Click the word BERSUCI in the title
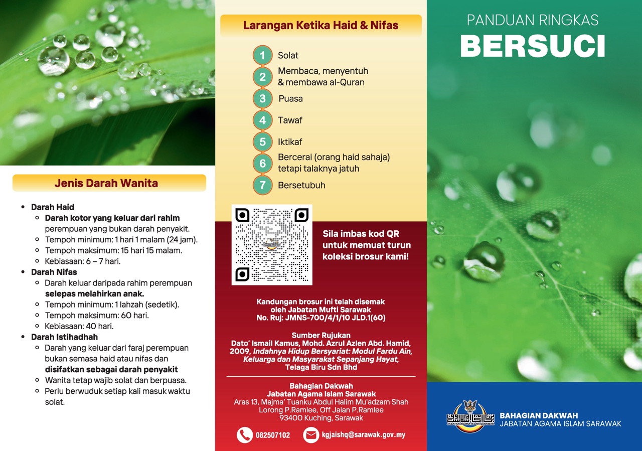coord(533,46)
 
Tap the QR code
coord(272,244)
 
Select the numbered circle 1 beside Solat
coord(262,55)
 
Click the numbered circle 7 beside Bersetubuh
coord(262,185)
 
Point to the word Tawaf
coord(290,120)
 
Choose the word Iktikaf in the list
coord(290,142)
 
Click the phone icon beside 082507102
coord(245,434)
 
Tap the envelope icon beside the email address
coord(311,434)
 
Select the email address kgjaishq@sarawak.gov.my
coord(364,435)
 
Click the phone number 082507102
coord(273,435)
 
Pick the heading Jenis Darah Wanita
coord(106,183)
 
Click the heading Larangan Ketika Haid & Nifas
coord(320,25)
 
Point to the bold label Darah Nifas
coord(54,272)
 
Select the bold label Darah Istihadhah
coord(64,337)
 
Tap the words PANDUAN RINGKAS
coord(533,20)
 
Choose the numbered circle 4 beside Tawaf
coord(262,120)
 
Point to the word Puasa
coord(290,99)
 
